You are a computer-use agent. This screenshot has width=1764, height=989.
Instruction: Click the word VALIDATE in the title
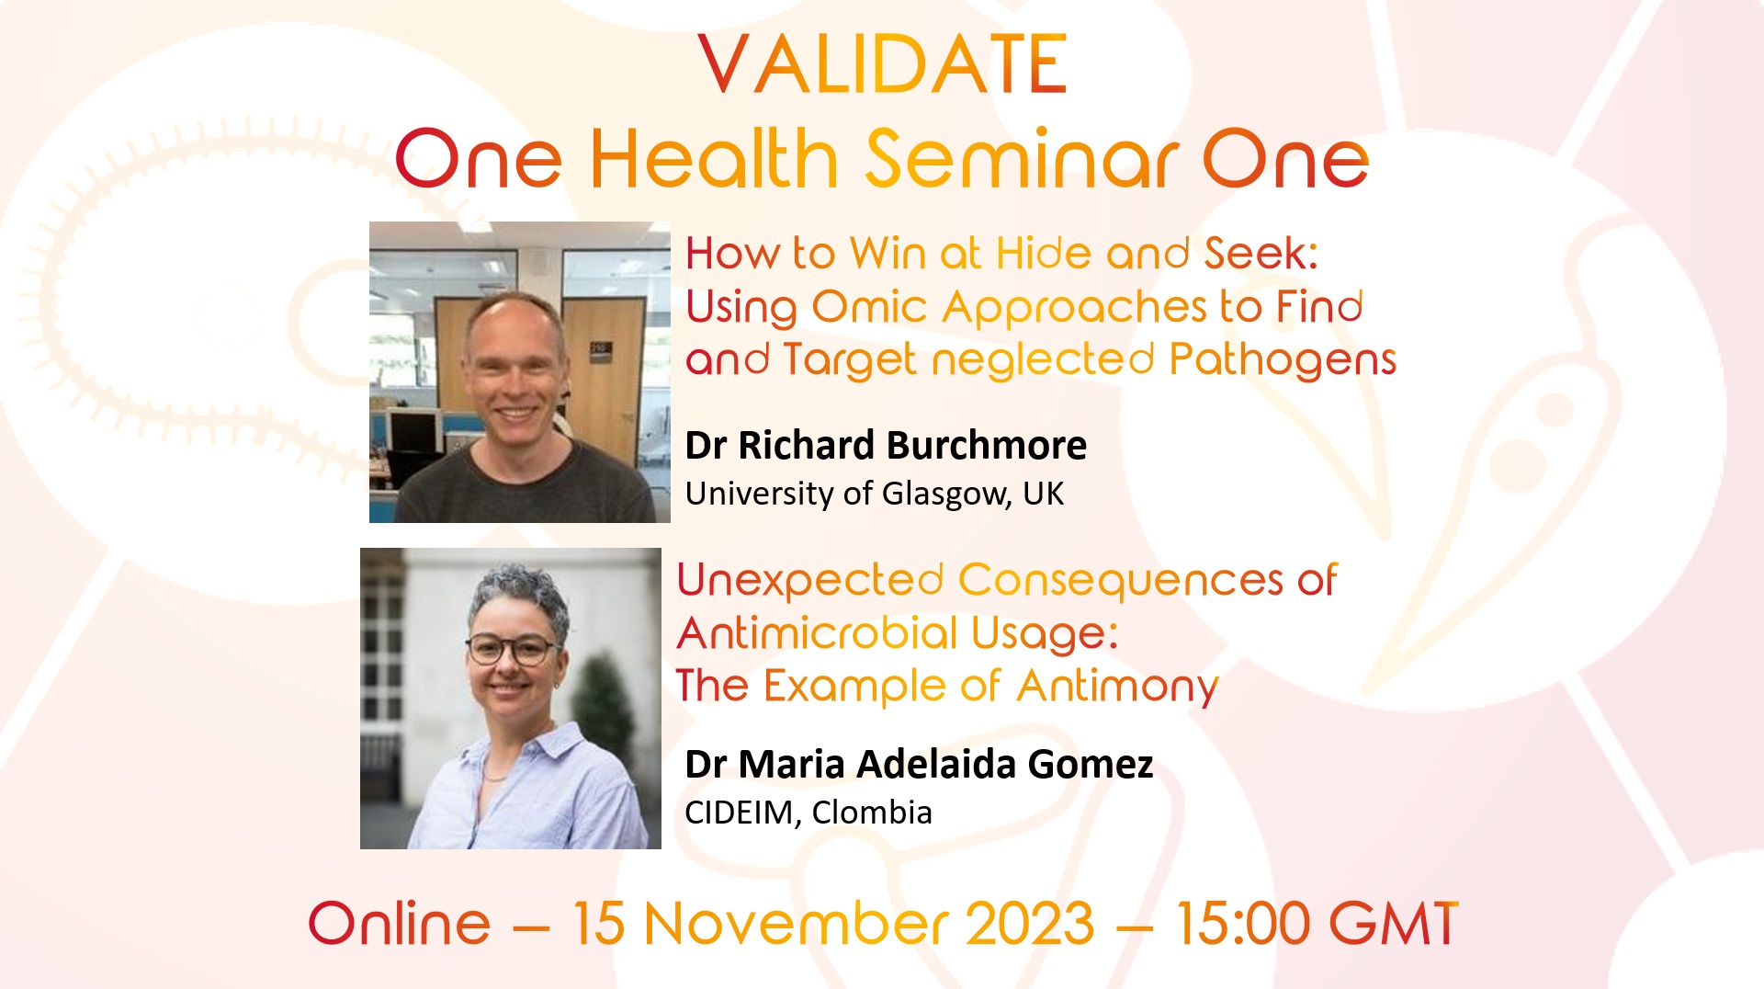point(883,64)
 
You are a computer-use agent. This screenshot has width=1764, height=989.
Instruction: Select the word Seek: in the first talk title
point(1261,253)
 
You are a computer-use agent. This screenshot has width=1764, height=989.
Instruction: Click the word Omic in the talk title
point(869,307)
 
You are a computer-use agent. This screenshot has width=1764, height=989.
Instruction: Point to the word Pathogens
point(1283,360)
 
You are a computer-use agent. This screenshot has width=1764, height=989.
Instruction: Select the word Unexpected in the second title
point(810,581)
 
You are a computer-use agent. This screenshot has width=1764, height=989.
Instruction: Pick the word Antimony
point(1118,688)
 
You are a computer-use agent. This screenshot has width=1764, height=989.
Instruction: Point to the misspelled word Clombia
point(872,813)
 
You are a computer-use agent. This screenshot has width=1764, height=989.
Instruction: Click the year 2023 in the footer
point(1030,923)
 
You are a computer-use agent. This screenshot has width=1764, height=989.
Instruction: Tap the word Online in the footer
point(400,923)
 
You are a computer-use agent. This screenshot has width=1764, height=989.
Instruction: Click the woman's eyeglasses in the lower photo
point(511,650)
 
